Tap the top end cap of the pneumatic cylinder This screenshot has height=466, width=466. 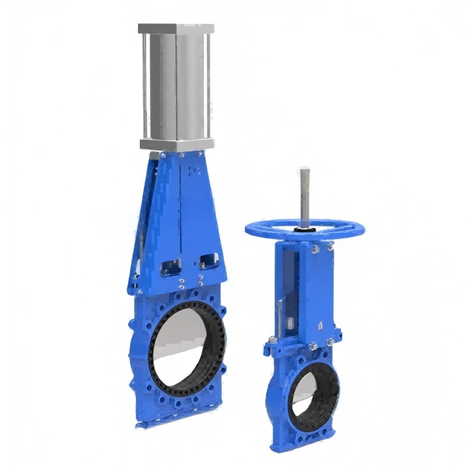176,28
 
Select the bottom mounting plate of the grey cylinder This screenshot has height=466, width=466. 176,143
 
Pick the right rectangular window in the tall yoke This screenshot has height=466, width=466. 208,260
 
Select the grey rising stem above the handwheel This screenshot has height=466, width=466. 305,192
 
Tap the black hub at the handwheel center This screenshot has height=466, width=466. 305,231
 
